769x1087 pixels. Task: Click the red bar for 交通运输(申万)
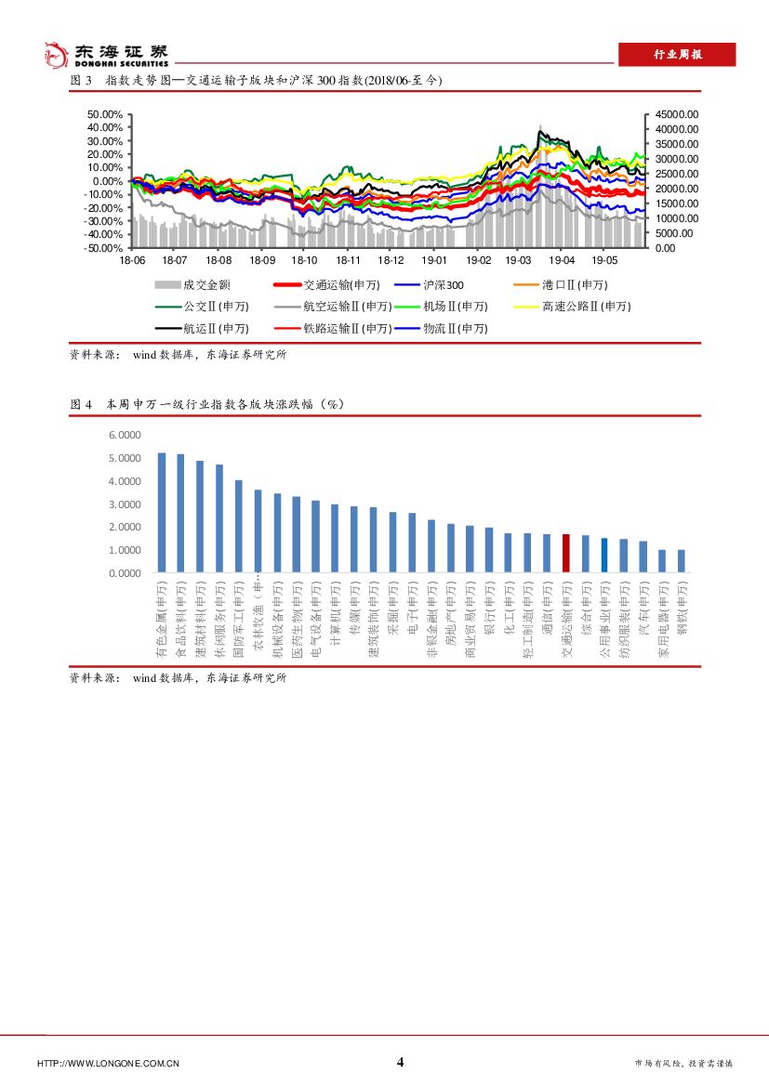point(565,554)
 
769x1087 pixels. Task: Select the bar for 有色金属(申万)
point(161,512)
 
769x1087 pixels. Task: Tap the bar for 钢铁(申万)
point(681,561)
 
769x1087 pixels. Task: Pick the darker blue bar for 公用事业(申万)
point(603,555)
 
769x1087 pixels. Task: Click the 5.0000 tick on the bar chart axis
point(124,458)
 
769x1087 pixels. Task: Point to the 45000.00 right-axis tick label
point(676,114)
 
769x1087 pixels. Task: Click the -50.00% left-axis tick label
point(103,248)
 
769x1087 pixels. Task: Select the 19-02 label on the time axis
point(478,262)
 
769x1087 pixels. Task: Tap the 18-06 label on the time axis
point(132,262)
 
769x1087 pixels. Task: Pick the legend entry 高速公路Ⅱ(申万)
point(586,307)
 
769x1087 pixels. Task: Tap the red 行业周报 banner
point(677,55)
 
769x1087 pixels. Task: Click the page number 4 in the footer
point(400,1062)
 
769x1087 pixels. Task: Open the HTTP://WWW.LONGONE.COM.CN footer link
point(108,1064)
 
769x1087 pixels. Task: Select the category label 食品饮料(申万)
point(180,621)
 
